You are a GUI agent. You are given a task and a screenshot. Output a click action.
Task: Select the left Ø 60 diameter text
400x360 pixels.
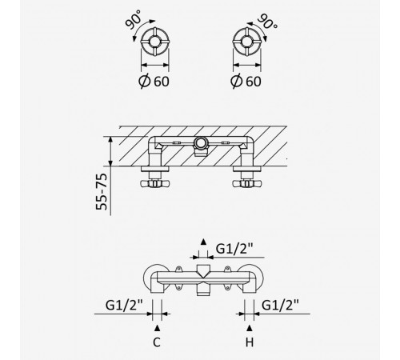click(x=154, y=81)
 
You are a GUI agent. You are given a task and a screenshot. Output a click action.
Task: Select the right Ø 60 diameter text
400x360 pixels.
click(x=246, y=81)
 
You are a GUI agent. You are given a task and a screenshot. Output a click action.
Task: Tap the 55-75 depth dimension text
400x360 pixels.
click(x=102, y=191)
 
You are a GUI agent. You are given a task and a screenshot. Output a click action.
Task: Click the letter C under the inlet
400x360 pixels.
click(x=157, y=342)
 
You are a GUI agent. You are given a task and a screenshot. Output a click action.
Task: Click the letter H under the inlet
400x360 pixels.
click(x=250, y=342)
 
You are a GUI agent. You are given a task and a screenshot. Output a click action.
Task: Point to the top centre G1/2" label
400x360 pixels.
click(x=234, y=249)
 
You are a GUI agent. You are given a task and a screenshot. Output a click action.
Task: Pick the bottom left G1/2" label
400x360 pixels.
click(x=124, y=305)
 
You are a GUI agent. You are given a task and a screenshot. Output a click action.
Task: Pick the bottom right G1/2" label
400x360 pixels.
click(x=280, y=305)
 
